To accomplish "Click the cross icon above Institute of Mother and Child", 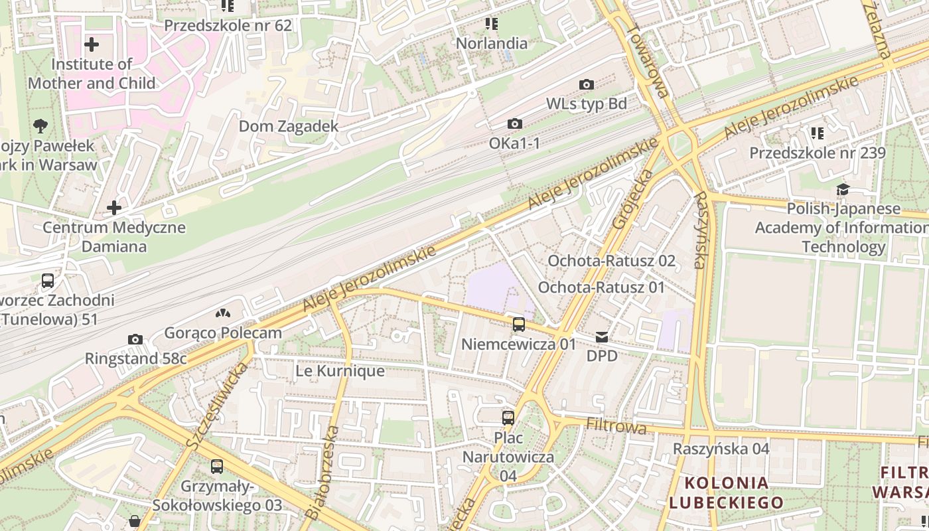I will [x=92, y=45].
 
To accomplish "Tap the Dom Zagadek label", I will [x=289, y=126].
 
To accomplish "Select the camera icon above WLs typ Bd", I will [x=587, y=84].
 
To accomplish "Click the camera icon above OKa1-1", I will [x=514, y=123].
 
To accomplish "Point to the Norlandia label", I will [x=492, y=44].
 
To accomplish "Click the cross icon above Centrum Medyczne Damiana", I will [x=114, y=208].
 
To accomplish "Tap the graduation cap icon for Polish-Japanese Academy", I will [x=843, y=190].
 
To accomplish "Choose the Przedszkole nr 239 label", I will [x=818, y=153].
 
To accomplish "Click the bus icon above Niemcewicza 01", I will [x=519, y=325].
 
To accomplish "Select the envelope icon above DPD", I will [x=602, y=337].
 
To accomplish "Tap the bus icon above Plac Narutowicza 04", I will [x=508, y=418].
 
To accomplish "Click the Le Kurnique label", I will [x=340, y=371].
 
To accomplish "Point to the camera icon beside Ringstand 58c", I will [x=135, y=340].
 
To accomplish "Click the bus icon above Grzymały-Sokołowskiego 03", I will [x=217, y=467].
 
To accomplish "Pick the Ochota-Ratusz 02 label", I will [x=611, y=261].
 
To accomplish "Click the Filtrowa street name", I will [x=616, y=425].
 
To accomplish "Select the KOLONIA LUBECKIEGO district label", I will [x=726, y=493].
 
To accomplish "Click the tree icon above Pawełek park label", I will [x=40, y=125].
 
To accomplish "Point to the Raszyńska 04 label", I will [x=721, y=449].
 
